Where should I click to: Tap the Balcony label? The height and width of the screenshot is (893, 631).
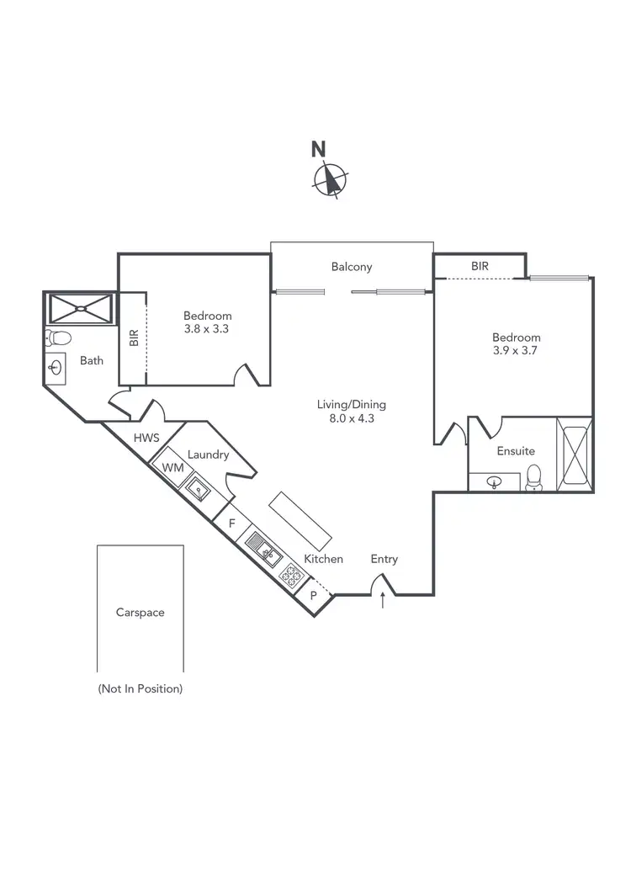(352, 267)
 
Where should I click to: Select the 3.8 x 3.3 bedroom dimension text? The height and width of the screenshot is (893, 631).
(206, 329)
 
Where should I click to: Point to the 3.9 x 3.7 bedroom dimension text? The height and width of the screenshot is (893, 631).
(517, 351)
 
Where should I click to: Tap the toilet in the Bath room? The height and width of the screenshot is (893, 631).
(58, 338)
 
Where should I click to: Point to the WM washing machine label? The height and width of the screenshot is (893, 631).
(172, 467)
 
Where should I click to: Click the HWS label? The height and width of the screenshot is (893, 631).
(146, 439)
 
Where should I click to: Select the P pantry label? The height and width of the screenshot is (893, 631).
(314, 594)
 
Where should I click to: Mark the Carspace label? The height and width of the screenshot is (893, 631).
(141, 613)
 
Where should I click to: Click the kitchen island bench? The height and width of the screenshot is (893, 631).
(300, 519)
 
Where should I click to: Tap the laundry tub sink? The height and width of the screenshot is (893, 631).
(199, 487)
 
